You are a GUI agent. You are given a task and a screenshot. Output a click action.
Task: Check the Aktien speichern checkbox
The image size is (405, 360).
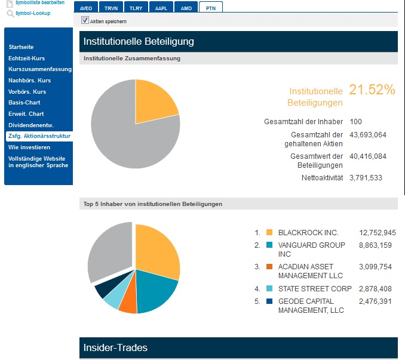[85, 20]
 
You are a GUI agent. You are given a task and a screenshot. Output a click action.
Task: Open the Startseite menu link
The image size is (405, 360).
[22, 47]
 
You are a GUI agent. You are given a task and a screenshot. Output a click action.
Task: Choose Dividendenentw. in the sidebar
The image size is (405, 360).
[31, 125]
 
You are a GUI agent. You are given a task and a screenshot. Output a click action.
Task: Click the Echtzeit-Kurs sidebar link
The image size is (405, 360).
[27, 58]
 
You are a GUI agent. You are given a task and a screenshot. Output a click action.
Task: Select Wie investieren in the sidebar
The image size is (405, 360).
[29, 147]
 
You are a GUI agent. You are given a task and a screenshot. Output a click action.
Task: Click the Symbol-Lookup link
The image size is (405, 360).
[32, 13]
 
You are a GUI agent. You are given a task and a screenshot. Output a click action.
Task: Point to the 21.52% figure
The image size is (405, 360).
[372, 90]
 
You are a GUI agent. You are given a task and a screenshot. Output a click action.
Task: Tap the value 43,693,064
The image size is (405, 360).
[368, 134]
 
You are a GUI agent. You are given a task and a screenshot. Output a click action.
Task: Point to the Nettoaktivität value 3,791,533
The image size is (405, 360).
[366, 177]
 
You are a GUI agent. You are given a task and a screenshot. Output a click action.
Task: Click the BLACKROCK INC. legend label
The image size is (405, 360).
[308, 232]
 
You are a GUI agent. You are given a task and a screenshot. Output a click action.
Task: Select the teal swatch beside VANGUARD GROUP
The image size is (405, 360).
[269, 245]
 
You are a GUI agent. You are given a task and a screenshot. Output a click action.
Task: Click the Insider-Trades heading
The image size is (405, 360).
[115, 347]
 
